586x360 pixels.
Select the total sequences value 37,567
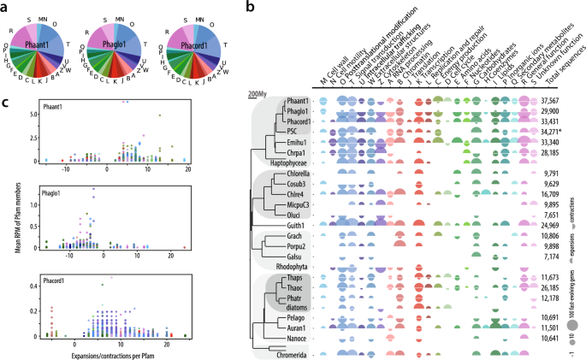coord(553,101)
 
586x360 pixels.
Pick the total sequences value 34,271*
coord(554,133)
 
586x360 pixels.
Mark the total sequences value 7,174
coord(553,256)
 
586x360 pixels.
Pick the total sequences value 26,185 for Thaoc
coord(553,288)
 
